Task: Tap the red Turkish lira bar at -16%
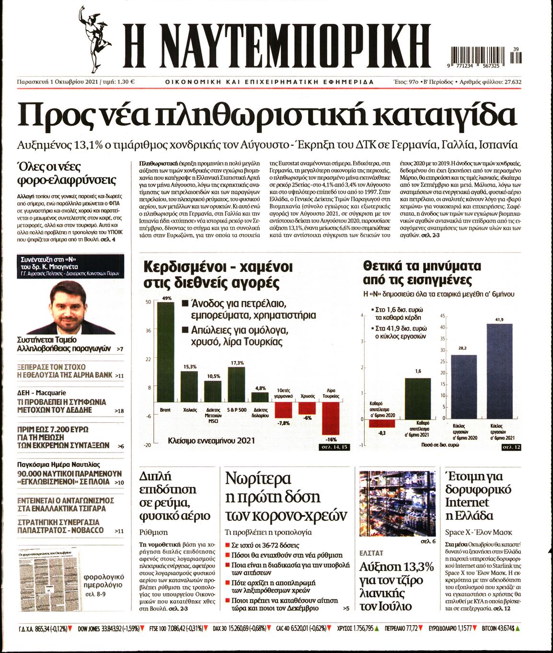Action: click(331, 419)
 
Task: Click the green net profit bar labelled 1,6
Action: click(417, 398)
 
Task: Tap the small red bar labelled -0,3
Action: click(382, 423)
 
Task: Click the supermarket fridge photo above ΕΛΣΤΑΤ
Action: click(397, 503)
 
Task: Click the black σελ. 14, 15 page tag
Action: click(334, 447)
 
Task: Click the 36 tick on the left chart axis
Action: click(148, 330)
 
